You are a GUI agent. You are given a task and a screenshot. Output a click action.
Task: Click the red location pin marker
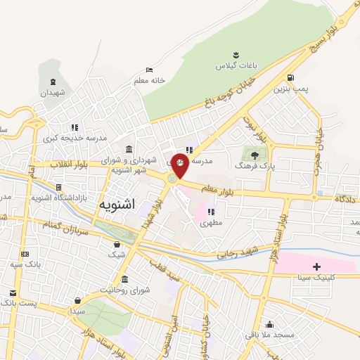click(181, 164)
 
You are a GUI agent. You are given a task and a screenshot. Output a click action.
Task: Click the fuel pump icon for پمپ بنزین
click(290, 77)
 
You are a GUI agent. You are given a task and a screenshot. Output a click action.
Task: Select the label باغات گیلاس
click(236, 65)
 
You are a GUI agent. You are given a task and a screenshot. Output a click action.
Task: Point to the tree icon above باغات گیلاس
click(236, 54)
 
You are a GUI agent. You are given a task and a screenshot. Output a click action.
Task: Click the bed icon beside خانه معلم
click(148, 70)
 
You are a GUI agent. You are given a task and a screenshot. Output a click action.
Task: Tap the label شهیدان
click(52, 93)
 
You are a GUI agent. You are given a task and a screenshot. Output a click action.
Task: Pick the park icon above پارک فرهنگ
click(254, 154)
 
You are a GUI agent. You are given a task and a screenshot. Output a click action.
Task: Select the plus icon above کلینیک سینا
click(316, 266)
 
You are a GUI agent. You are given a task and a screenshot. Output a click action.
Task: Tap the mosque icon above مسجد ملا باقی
click(269, 324)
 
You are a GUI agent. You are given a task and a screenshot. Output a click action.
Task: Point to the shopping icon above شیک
click(117, 243)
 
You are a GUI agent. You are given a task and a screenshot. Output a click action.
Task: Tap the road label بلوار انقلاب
click(67, 164)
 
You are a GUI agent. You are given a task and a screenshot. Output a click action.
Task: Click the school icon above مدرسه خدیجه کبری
click(74, 127)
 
